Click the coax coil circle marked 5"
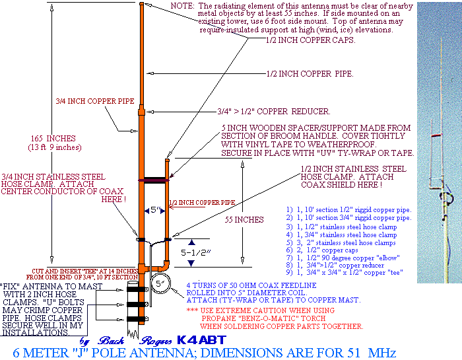[x=160, y=285]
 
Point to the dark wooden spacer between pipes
[x=153, y=179]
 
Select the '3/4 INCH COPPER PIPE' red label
[x=81, y=102]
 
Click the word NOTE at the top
[x=182, y=5]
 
